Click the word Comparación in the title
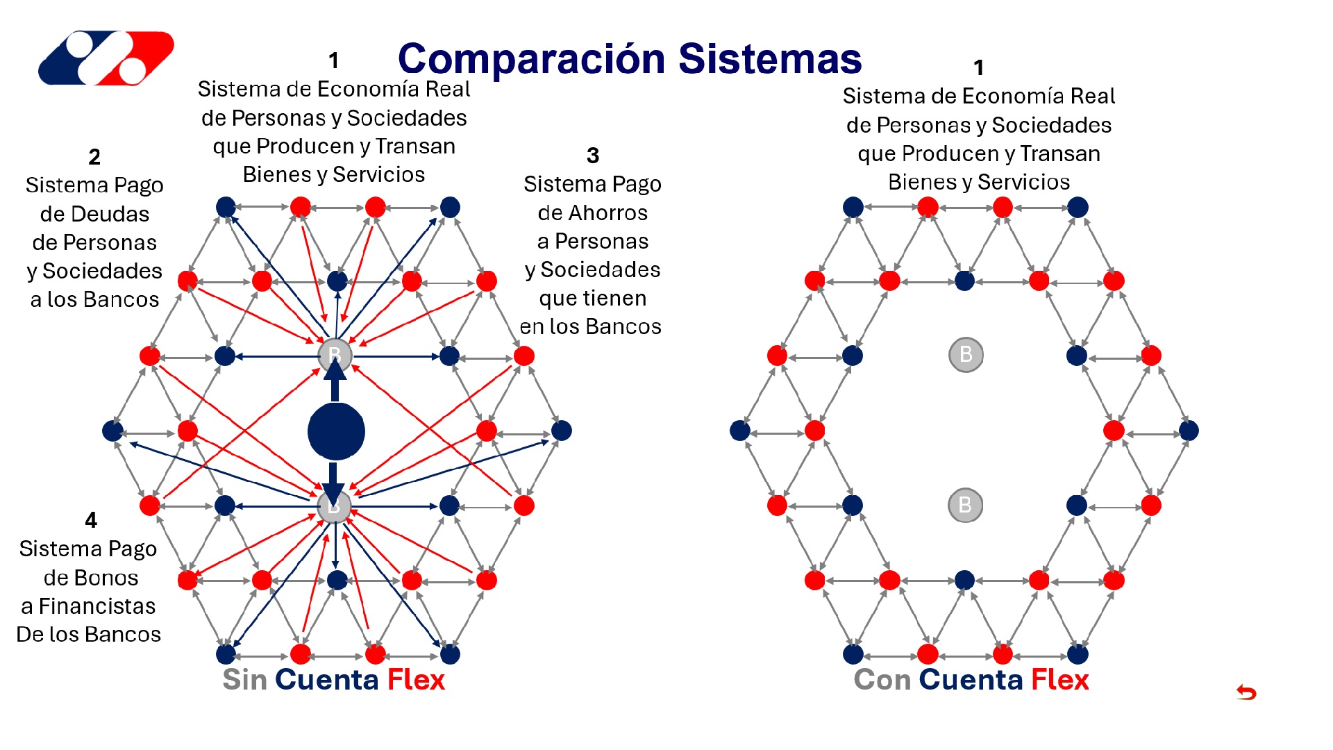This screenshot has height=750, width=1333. (x=532, y=59)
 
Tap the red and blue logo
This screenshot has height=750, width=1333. (x=106, y=58)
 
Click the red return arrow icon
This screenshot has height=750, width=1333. (x=1246, y=692)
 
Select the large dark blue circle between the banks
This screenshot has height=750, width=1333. (x=336, y=431)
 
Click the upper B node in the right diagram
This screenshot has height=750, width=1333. (x=966, y=355)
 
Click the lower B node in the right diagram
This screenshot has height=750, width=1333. (x=965, y=505)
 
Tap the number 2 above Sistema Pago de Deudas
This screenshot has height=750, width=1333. (x=94, y=157)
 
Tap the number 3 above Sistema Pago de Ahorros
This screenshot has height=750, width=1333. (x=592, y=156)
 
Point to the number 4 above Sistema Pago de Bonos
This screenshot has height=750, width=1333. (x=91, y=520)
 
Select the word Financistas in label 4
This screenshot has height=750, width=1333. (x=97, y=606)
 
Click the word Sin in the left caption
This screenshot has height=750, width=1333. (x=244, y=680)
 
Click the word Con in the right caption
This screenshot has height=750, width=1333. (x=882, y=680)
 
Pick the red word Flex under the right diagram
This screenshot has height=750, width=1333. (x=1059, y=680)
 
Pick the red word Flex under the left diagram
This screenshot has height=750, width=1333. (x=415, y=680)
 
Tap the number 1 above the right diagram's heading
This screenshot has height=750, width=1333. (x=978, y=68)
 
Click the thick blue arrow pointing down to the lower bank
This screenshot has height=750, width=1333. (x=333, y=481)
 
